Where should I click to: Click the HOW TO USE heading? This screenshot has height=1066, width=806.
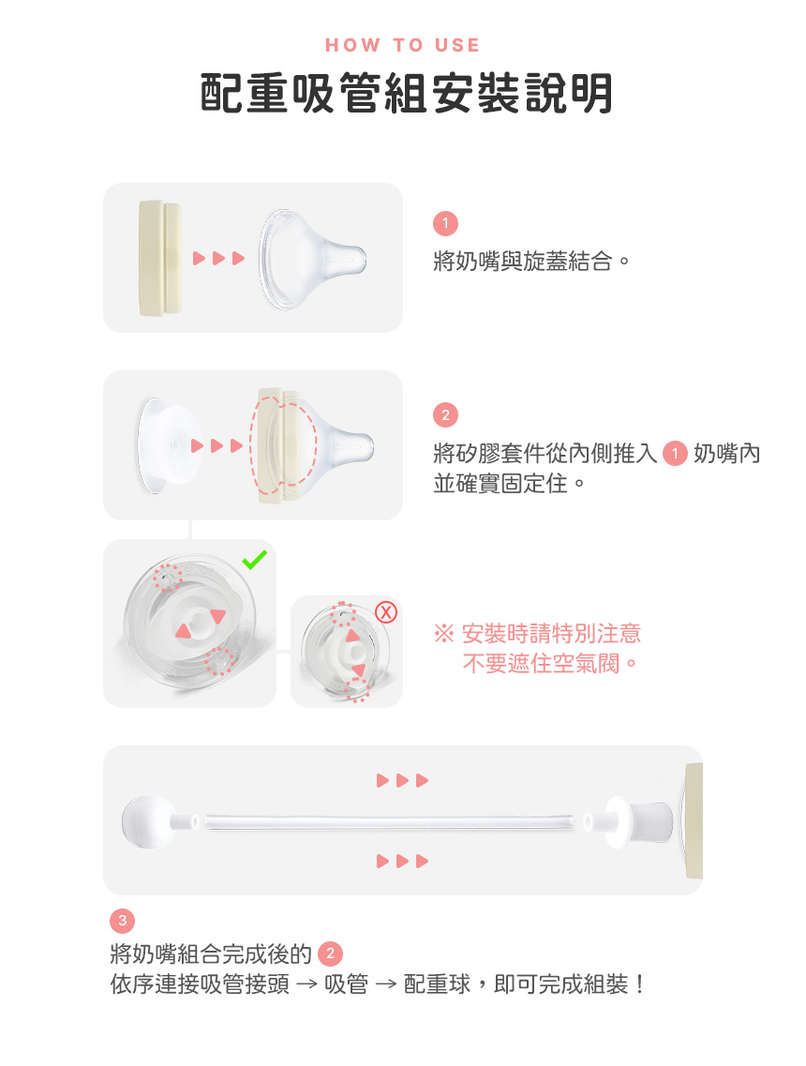click(x=402, y=45)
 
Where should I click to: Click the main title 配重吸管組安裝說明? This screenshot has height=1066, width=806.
click(x=407, y=93)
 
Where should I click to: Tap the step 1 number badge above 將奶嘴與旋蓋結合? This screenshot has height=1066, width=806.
click(x=445, y=223)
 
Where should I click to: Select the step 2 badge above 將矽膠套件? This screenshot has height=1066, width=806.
click(x=445, y=414)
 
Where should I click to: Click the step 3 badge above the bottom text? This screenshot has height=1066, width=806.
click(x=123, y=921)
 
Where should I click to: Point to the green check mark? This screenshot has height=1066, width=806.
click(x=254, y=560)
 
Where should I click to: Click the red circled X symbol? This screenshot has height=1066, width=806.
click(x=386, y=612)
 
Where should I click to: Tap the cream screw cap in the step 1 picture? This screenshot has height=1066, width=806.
click(x=160, y=259)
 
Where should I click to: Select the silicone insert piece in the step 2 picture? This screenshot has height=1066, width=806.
click(x=169, y=445)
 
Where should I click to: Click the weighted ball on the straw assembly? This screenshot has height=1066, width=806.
click(x=149, y=821)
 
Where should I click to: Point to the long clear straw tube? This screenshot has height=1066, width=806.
click(x=389, y=822)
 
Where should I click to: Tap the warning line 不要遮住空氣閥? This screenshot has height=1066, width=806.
click(x=550, y=663)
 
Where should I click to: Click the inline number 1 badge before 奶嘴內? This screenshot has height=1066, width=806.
click(x=675, y=454)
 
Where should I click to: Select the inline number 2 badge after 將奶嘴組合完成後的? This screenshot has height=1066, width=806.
click(x=330, y=953)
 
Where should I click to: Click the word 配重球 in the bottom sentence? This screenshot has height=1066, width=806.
click(x=437, y=983)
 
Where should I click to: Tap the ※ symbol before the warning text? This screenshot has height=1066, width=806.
click(x=444, y=634)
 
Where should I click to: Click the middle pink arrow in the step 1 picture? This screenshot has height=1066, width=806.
click(x=218, y=259)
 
